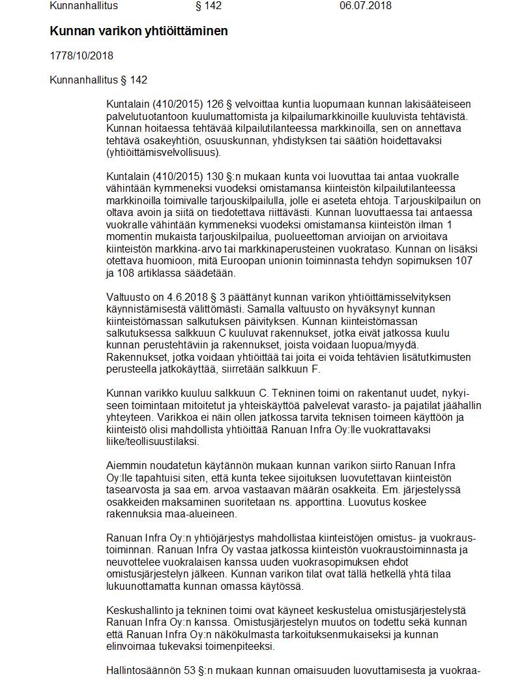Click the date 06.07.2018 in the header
click(x=365, y=6)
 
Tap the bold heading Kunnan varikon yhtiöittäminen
click(x=139, y=31)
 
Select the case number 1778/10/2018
click(x=81, y=56)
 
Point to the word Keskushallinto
click(x=137, y=611)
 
